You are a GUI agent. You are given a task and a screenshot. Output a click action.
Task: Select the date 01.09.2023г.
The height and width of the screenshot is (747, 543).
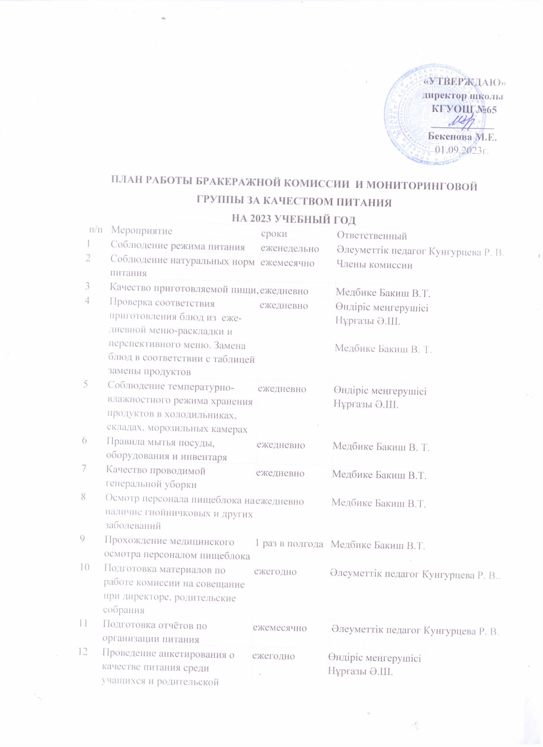[461, 150]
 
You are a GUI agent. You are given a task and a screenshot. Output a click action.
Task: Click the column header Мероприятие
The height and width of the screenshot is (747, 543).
[142, 231]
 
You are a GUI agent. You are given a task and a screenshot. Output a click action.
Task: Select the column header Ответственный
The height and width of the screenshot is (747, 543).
[372, 235]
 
